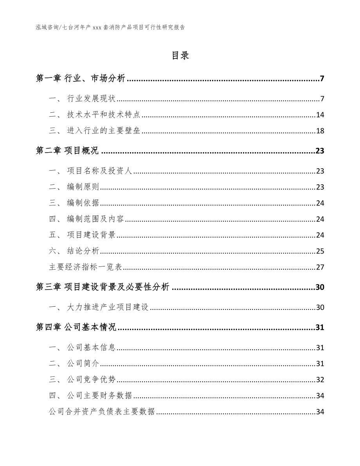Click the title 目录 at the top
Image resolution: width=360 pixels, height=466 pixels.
(180, 56)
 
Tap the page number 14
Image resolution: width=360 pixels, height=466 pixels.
(320, 115)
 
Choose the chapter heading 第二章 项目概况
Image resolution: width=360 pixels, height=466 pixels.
(67, 151)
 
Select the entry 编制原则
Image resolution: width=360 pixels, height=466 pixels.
(83, 187)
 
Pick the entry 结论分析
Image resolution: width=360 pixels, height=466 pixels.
(83, 251)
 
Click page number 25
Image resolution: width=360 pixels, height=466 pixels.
(320, 251)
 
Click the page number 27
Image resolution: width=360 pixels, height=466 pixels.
(320, 267)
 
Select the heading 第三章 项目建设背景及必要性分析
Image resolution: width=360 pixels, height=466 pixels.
(103, 288)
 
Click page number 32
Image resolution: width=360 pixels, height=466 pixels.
(320, 380)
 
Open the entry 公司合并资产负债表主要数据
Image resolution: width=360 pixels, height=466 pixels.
(102, 412)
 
